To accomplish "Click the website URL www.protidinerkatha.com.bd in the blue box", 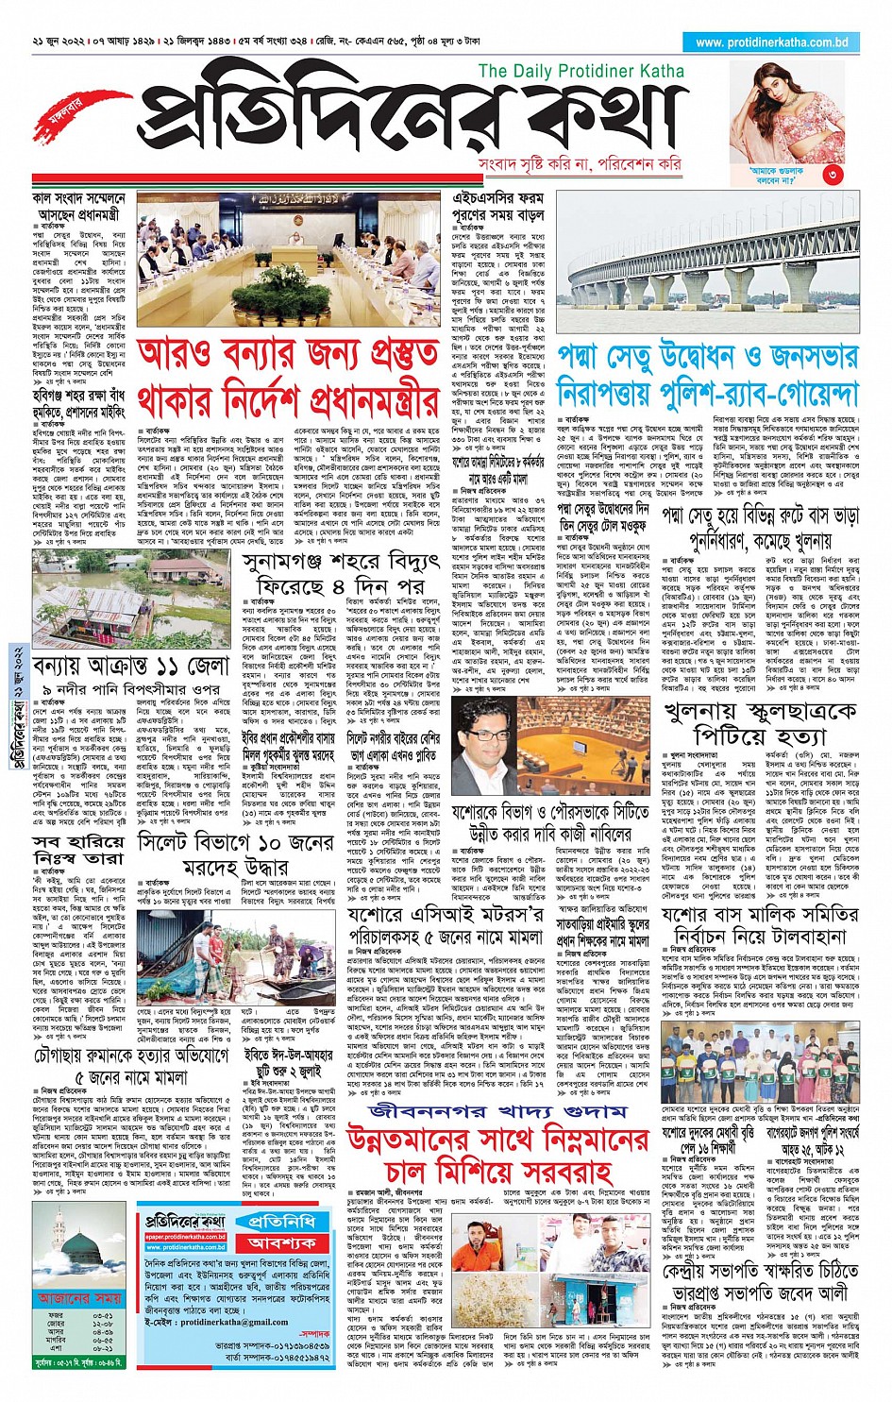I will point(771,42).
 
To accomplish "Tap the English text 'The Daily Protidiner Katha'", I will point(581,71).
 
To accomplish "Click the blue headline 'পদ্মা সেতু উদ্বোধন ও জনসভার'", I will point(708,357).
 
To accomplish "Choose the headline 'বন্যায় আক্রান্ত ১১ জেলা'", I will point(130,665).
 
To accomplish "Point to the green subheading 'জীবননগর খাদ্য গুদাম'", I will point(498,1112).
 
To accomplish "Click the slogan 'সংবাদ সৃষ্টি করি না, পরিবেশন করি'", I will point(579,163).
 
